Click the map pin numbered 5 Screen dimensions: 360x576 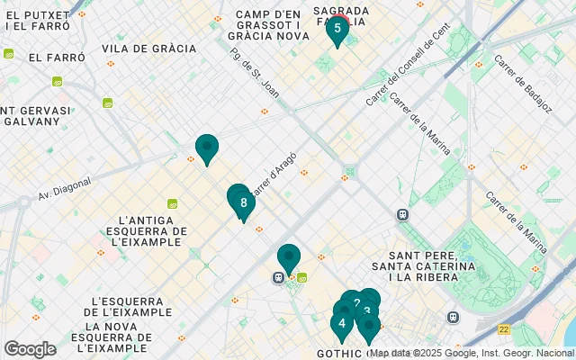click(337, 29)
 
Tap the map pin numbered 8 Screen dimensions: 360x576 click(243, 203)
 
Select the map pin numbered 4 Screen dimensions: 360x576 click(342, 324)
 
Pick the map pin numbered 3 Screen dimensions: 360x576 click(367, 312)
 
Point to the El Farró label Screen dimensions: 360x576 click(56, 57)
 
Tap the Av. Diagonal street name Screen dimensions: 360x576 click(64, 186)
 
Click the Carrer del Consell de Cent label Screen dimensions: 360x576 click(407, 67)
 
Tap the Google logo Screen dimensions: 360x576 click(30, 348)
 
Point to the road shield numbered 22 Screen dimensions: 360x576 click(505, 331)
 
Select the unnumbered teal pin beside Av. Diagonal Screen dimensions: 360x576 click(207, 148)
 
